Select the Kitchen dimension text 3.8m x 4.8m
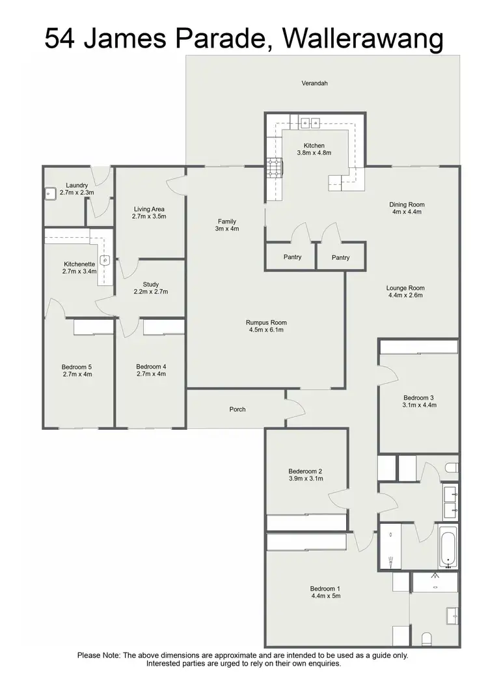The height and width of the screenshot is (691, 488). coord(314,154)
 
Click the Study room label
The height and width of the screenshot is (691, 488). coord(150,285)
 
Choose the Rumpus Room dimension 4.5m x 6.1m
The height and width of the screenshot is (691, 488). coord(266,330)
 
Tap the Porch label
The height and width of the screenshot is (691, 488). coord(237,409)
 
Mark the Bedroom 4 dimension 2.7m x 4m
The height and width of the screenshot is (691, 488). coord(151,374)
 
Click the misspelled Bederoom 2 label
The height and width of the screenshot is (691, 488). coord(306,471)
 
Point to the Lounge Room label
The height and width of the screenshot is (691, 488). coord(405,288)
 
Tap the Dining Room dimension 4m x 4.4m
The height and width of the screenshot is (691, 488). coord(407,212)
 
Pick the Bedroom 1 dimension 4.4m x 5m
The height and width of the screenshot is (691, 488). coord(325,596)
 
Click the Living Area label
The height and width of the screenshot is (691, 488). coord(150,208)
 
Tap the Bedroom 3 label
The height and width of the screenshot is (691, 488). coord(419,397)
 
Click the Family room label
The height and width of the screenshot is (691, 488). coord(227,221)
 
